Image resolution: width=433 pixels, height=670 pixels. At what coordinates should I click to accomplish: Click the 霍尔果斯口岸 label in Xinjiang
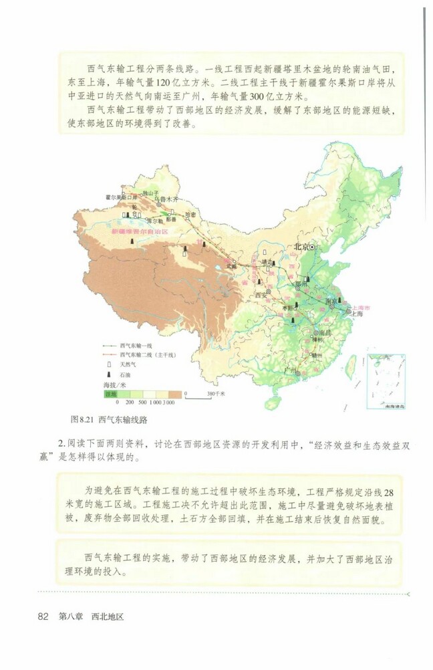pyautogui.click(x=121, y=198)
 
